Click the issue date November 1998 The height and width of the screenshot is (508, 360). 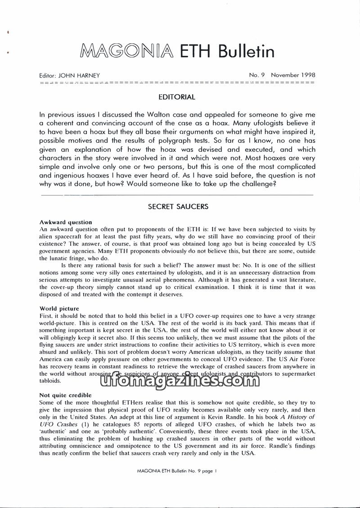[x=293, y=75]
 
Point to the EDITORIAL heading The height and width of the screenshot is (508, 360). [x=177, y=97]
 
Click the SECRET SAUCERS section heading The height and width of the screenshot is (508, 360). [x=178, y=207]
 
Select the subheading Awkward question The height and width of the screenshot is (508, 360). [x=66, y=222]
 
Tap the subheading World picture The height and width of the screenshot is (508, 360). [x=59, y=308]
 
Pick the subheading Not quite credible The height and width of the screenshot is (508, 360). [x=65, y=395]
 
